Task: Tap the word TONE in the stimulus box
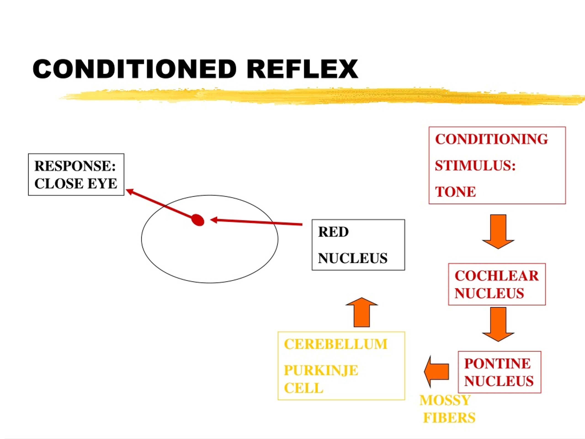click(x=455, y=192)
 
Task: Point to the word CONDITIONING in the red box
click(x=491, y=139)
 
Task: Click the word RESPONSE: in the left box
click(x=75, y=166)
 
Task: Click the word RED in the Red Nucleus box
click(x=333, y=232)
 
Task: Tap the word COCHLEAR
click(x=496, y=276)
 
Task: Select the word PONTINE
click(x=497, y=363)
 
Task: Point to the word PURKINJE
click(x=321, y=370)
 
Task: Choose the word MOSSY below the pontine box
click(x=445, y=400)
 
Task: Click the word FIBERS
click(x=449, y=418)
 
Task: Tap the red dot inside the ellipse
click(x=198, y=220)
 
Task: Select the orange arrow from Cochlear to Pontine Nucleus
click(x=498, y=324)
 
